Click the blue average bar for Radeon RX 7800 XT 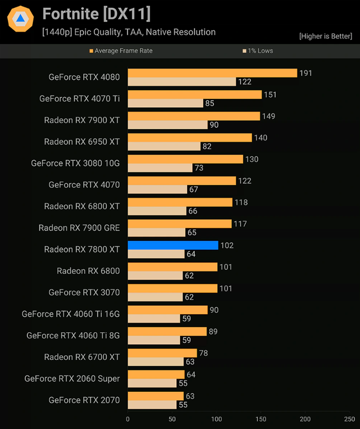[x=173, y=245]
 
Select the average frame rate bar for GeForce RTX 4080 [x=212, y=73]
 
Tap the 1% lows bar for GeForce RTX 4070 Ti [x=165, y=103]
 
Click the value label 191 [x=305, y=73]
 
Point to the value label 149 [x=268, y=116]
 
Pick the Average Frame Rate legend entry [x=121, y=51]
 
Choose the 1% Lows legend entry [x=258, y=51]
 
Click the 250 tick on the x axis [x=349, y=419]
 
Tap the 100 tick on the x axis [x=217, y=419]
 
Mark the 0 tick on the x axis [x=128, y=419]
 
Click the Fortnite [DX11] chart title [x=96, y=13]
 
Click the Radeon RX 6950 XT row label [x=82, y=142]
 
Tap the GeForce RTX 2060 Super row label [x=72, y=378]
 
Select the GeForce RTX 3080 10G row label [x=75, y=163]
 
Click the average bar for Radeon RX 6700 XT [x=162, y=353]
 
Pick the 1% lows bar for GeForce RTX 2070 [x=152, y=405]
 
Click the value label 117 [x=240, y=224]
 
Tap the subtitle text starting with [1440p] [x=129, y=32]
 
